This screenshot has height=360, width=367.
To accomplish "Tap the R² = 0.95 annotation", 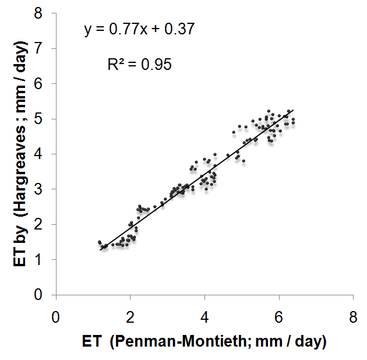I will coord(139,65).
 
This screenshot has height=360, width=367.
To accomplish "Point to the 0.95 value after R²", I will coord(156,65).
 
